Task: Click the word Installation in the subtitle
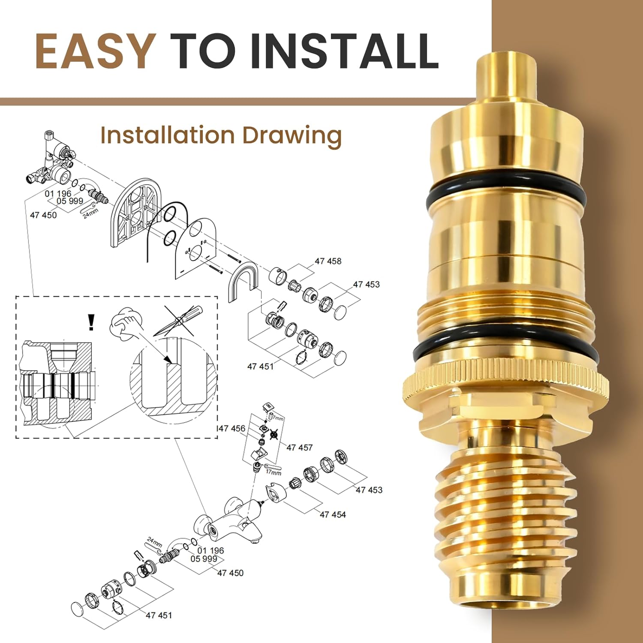click(167, 135)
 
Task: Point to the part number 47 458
click(328, 261)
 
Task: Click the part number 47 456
click(232, 428)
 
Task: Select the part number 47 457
click(299, 448)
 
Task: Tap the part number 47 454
click(333, 514)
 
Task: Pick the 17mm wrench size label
click(273, 472)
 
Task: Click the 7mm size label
click(278, 418)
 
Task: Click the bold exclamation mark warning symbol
click(91, 322)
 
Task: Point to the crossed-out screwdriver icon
click(178, 321)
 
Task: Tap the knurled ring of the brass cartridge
click(506, 382)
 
